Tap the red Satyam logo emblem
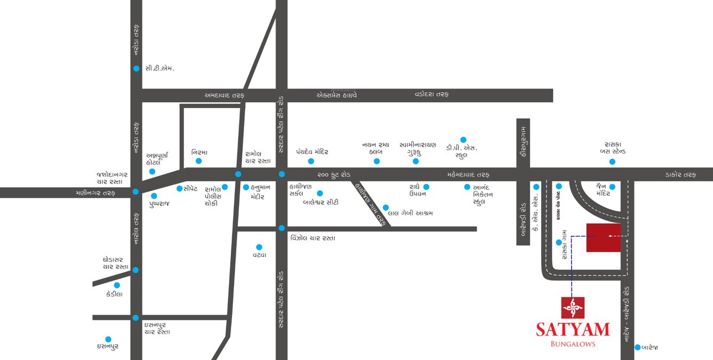point(573,308)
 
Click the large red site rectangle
point(604,237)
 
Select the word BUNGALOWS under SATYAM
point(573,344)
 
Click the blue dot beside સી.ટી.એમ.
point(137,68)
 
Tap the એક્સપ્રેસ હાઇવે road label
point(337,95)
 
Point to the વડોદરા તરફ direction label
point(432,94)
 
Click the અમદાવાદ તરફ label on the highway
point(224,95)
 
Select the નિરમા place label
point(199,152)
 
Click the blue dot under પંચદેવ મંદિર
point(311,161)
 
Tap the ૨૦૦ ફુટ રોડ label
point(334,174)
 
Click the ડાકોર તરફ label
point(681,174)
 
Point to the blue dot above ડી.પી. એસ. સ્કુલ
point(463,140)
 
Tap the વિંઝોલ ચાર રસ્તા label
point(313,238)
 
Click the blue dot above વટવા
point(259,247)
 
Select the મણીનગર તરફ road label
point(96,193)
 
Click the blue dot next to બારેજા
point(637,347)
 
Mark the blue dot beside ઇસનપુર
point(108,339)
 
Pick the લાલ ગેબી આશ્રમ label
point(410,213)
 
